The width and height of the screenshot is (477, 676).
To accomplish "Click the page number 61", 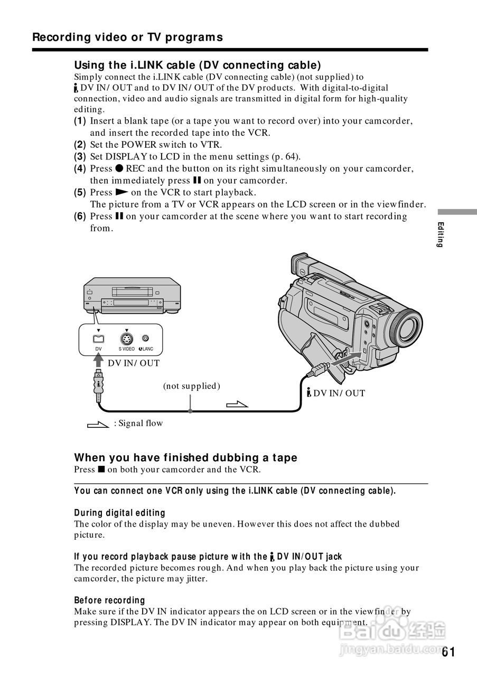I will pyautogui.click(x=448, y=652).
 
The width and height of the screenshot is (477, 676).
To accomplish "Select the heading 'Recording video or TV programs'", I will pyautogui.click(x=127, y=37).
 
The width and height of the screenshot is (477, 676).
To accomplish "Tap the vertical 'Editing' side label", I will pyautogui.click(x=440, y=234).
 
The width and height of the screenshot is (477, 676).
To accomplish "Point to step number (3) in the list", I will pyautogui.click(x=80, y=156).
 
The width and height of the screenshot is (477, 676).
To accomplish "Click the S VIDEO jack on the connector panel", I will pyautogui.click(x=126, y=339).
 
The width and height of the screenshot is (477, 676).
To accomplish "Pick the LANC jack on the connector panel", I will pyautogui.click(x=145, y=339).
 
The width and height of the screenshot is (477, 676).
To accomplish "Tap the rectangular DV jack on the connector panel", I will pyautogui.click(x=98, y=339).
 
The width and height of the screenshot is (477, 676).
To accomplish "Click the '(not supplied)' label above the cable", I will pyautogui.click(x=191, y=386).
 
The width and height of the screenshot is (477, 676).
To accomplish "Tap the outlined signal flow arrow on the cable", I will pyautogui.click(x=237, y=405).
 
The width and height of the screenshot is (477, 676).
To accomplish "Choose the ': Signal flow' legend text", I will pyautogui.click(x=138, y=423).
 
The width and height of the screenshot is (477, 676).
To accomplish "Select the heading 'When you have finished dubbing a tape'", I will pyautogui.click(x=185, y=457).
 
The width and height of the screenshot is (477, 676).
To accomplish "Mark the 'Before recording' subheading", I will pyautogui.click(x=109, y=600).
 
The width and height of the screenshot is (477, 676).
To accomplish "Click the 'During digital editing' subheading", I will pyautogui.click(x=119, y=513).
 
